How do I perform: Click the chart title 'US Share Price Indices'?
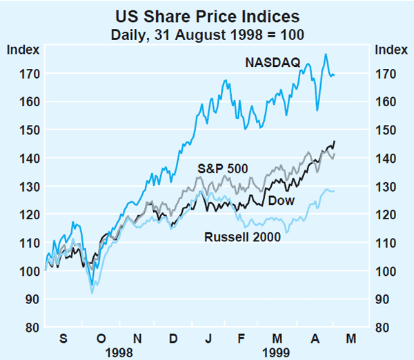(x=208, y=15)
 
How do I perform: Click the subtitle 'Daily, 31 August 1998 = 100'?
(x=208, y=32)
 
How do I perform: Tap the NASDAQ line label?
(x=273, y=63)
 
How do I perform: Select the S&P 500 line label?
(x=222, y=168)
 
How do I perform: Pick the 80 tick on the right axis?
(x=384, y=328)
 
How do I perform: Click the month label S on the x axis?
(x=63, y=339)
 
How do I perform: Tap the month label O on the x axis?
(x=100, y=339)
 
